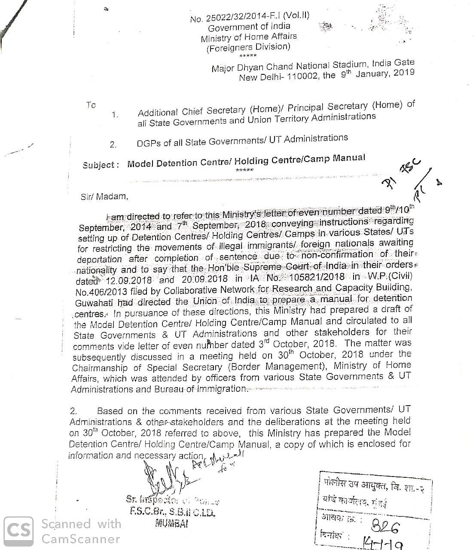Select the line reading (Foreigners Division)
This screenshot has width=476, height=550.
tap(248, 47)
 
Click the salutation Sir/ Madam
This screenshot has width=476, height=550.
tap(104, 197)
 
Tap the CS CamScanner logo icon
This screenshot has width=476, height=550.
tap(18, 531)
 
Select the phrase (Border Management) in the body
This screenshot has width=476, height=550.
tap(276, 367)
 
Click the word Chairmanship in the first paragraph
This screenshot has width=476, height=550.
tap(100, 368)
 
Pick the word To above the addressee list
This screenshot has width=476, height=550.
tap(91, 105)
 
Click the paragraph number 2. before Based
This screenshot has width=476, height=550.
tap(73, 411)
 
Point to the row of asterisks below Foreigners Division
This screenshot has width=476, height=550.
tap(248, 56)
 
